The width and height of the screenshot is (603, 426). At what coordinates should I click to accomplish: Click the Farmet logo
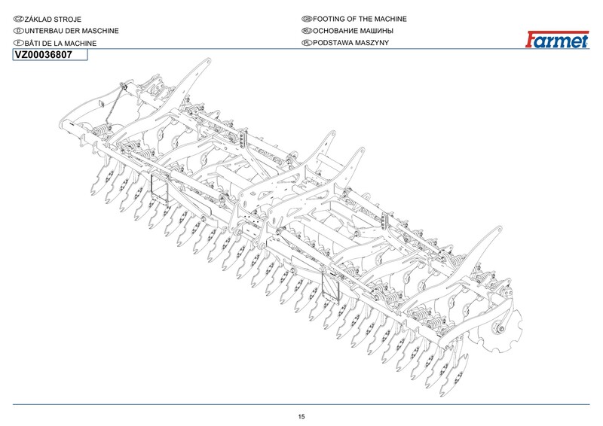click(x=557, y=40)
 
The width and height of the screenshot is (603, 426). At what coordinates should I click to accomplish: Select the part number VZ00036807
click(x=43, y=55)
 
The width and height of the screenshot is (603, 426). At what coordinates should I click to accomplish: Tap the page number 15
click(x=301, y=416)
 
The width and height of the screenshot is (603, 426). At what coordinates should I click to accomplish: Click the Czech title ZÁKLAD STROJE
click(x=52, y=18)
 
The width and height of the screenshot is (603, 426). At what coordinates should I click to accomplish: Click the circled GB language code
click(x=306, y=18)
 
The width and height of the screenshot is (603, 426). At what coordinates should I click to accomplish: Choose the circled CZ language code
click(x=19, y=18)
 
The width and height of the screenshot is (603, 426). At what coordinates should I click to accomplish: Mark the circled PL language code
click(x=306, y=44)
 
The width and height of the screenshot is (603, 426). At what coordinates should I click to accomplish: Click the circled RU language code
click(x=306, y=31)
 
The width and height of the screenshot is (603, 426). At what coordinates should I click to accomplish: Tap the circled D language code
click(x=19, y=31)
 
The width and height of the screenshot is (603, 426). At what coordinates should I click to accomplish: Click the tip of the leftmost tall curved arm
click(x=205, y=63)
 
